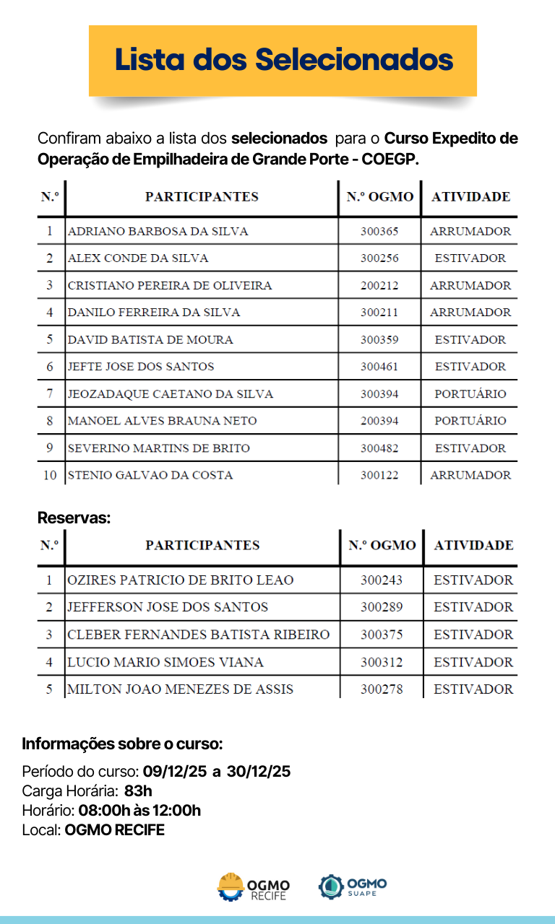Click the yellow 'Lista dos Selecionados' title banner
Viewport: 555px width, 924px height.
tap(283, 60)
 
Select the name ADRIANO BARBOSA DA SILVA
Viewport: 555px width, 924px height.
tap(158, 232)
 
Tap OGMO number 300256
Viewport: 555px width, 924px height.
tap(379, 258)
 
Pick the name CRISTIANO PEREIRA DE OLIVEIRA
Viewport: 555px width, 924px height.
tap(170, 286)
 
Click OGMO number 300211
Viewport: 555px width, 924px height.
tap(379, 313)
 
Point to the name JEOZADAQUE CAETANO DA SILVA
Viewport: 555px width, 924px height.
tap(171, 394)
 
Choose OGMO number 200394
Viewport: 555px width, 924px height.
tap(379, 421)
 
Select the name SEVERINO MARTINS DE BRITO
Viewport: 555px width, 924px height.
tap(159, 448)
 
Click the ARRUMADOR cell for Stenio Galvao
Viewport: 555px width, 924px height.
tap(470, 475)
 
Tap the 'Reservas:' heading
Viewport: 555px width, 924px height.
tap(74, 518)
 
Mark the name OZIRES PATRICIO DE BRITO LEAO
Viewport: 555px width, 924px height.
tap(181, 580)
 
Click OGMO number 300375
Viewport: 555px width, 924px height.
tap(382, 635)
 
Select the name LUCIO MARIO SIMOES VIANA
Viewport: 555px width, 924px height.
tap(165, 662)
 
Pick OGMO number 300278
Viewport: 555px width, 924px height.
tap(382, 689)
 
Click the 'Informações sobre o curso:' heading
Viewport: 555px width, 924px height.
tap(122, 744)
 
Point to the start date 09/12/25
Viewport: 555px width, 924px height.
tap(175, 772)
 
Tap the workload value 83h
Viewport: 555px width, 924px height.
tap(138, 791)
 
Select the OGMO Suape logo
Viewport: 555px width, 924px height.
tap(353, 886)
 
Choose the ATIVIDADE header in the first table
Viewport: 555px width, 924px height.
tap(470, 197)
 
